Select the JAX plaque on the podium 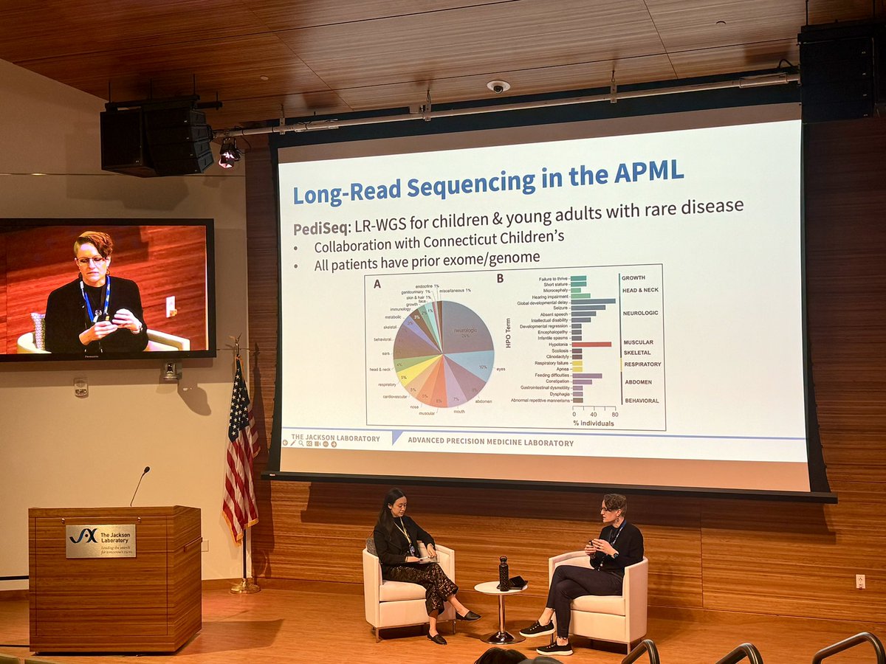pyautogui.click(x=100, y=541)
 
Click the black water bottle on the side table pyautogui.click(x=504, y=573)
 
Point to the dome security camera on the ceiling pyautogui.click(x=498, y=86)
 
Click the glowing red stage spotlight pyautogui.click(x=229, y=153)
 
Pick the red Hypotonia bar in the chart pyautogui.click(x=591, y=344)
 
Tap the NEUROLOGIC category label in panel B pyautogui.click(x=640, y=313)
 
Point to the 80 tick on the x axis pyautogui.click(x=614, y=415)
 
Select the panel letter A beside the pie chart pyautogui.click(x=377, y=280)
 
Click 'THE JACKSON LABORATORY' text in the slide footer pyautogui.click(x=335, y=438)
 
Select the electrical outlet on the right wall pyautogui.click(x=859, y=581)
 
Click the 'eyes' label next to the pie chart pyautogui.click(x=501, y=368)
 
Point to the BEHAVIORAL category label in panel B pyautogui.click(x=640, y=401)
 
